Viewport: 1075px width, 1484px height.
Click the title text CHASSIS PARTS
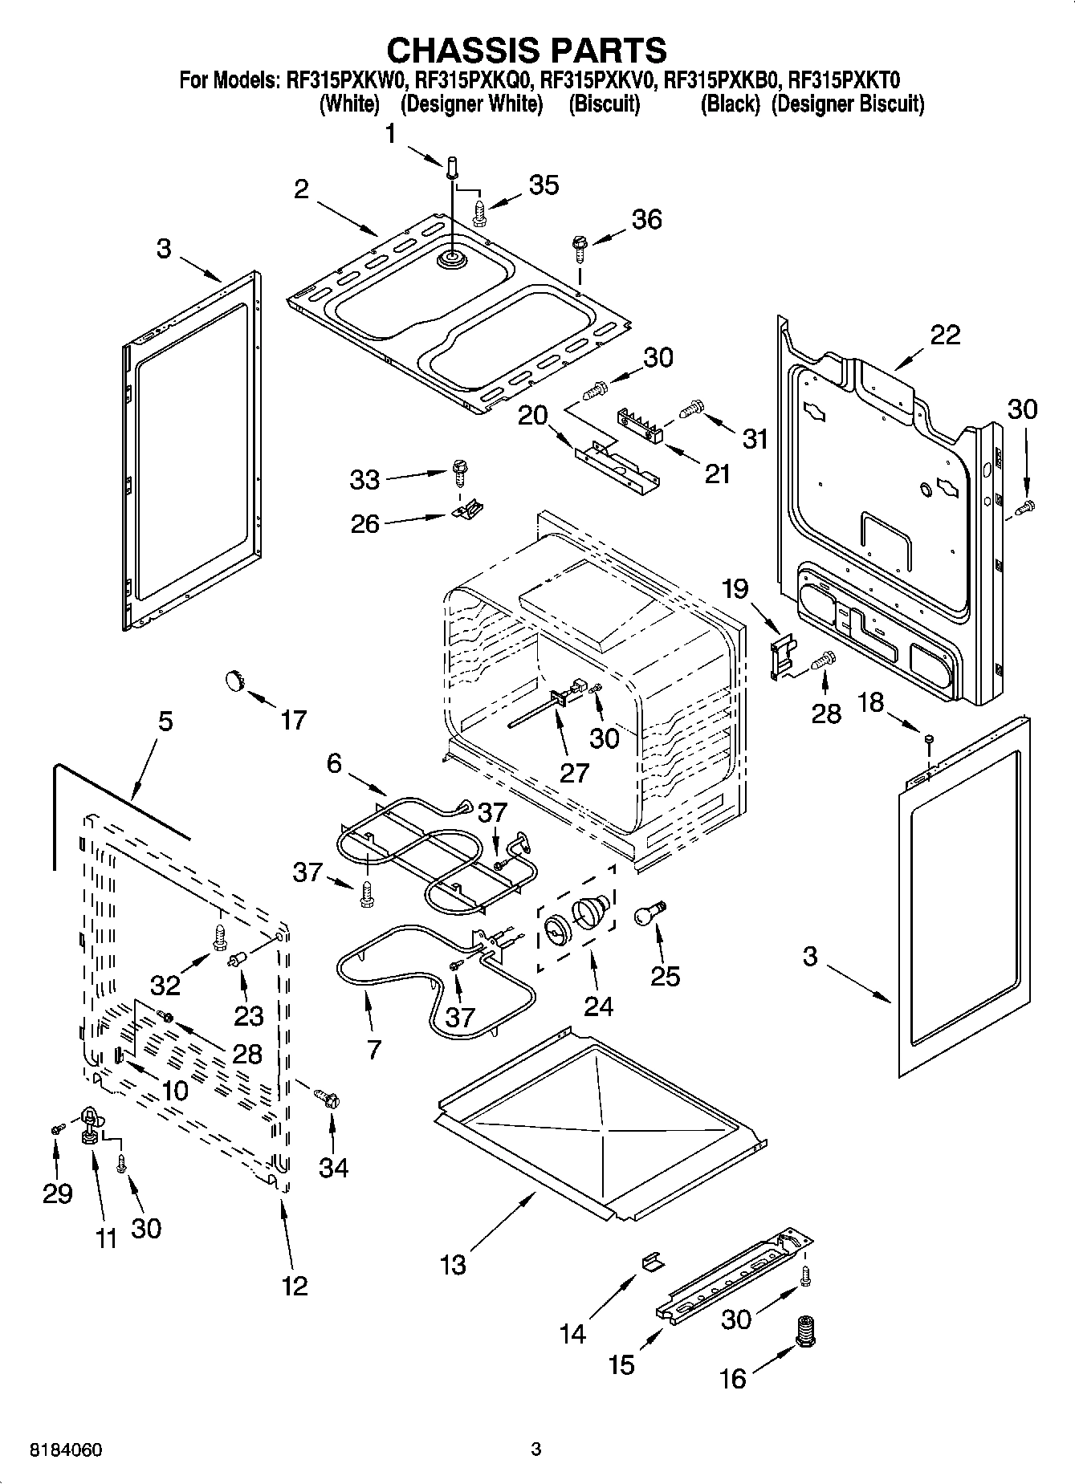tap(527, 50)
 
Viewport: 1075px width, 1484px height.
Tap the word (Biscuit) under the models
tap(604, 104)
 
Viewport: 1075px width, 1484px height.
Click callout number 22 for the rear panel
tap(945, 335)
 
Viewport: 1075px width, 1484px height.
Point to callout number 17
tap(293, 720)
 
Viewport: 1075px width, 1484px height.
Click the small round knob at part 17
tap(233, 680)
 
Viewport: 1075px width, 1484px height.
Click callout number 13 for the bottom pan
tap(453, 1266)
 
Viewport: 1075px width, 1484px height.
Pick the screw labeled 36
tap(578, 245)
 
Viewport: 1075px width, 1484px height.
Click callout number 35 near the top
tap(544, 185)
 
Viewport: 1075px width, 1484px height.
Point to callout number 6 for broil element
tap(334, 763)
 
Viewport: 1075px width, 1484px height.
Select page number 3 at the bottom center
tap(536, 1449)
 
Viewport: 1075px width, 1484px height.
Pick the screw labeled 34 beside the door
tap(328, 1096)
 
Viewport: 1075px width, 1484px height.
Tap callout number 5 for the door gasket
tap(165, 721)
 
